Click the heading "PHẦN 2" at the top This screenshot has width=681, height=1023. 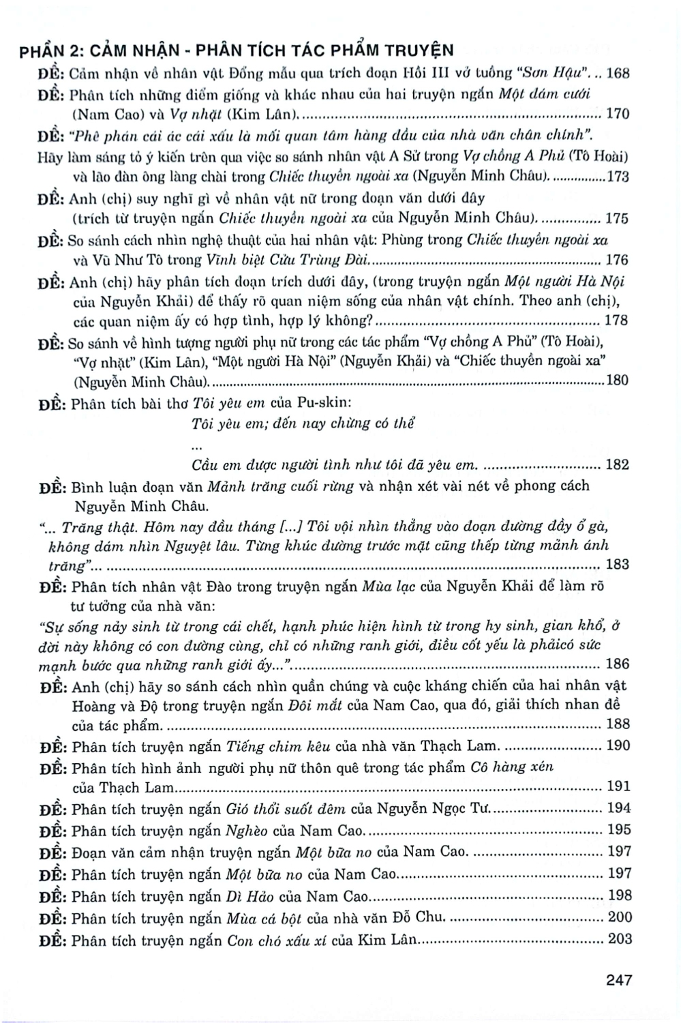coord(51,50)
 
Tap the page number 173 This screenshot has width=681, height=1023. coord(618,177)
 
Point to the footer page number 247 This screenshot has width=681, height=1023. coord(618,980)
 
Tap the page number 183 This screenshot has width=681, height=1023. coord(618,564)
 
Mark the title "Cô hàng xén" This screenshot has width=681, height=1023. coord(512,767)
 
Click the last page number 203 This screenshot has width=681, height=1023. coord(619,940)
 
